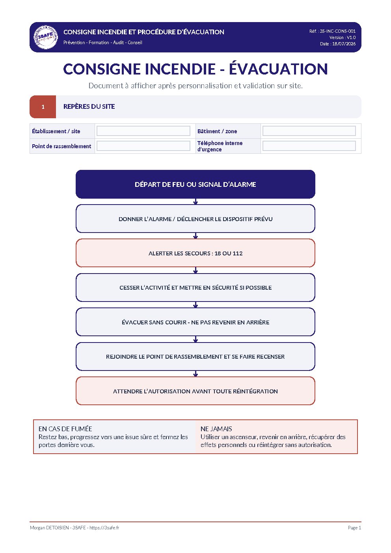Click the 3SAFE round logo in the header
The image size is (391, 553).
[45, 37]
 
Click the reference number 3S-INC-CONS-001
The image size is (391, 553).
[338, 31]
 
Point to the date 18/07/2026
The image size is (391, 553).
[344, 44]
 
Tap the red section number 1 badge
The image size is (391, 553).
[43, 107]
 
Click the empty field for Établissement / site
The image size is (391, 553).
[143, 131]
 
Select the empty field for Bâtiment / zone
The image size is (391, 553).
[309, 131]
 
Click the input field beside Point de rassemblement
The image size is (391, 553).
[143, 146]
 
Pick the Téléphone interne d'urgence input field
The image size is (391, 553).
[309, 146]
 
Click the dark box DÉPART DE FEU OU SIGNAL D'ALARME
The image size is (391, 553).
[195, 184]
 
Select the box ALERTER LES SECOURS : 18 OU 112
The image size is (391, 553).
[195, 253]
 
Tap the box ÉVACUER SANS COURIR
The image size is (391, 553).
[195, 322]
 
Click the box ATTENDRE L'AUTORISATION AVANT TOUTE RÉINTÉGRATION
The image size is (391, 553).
[195, 391]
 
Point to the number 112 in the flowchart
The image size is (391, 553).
[237, 253]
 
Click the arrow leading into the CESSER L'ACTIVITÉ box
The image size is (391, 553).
[195, 270]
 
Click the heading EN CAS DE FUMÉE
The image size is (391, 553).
[65, 429]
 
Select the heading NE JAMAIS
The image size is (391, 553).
[216, 429]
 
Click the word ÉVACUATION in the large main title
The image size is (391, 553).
[278, 69]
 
